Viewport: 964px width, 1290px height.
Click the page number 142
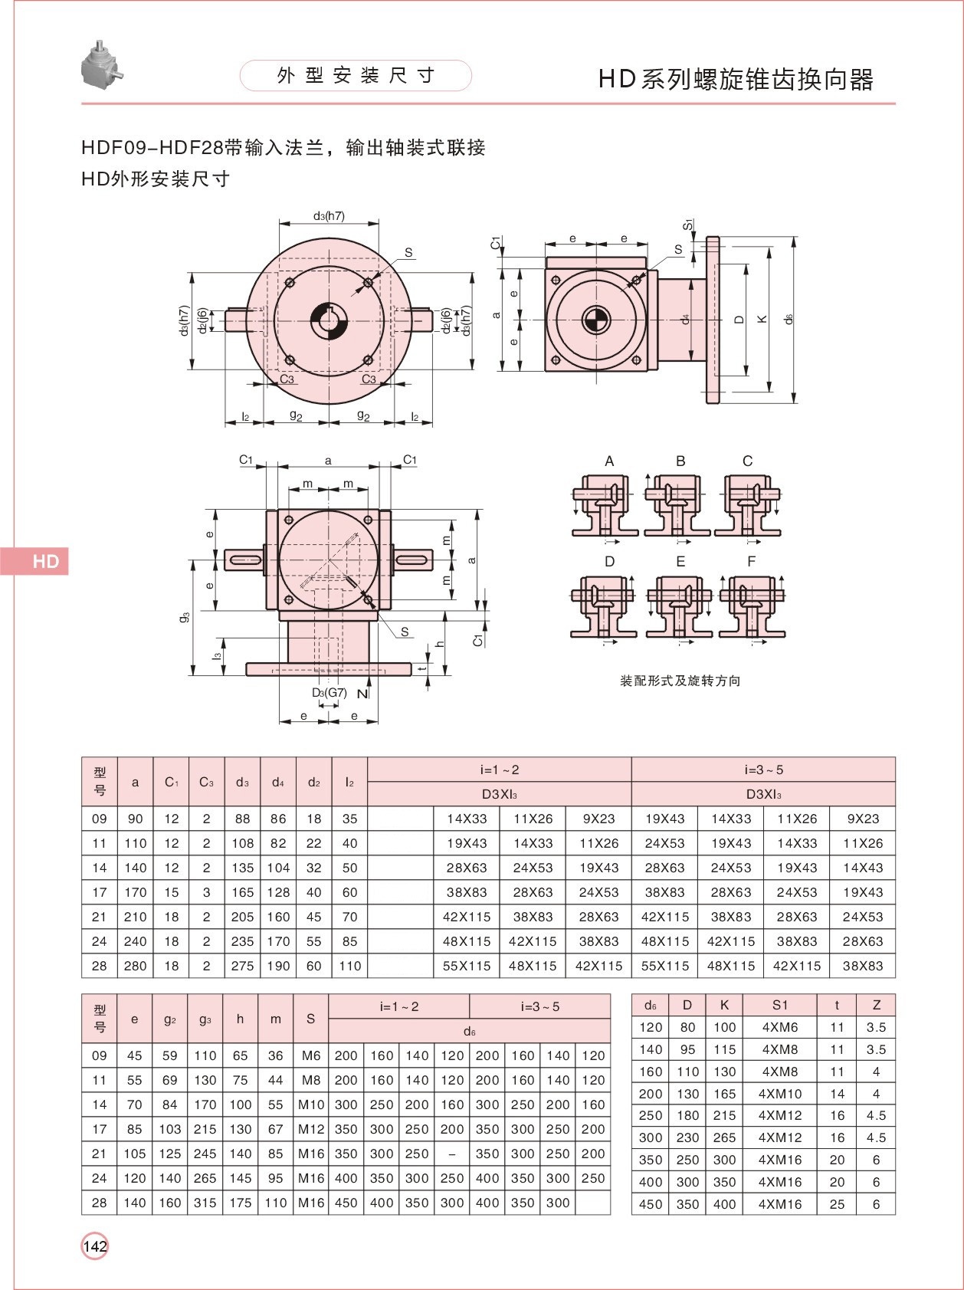click(95, 1246)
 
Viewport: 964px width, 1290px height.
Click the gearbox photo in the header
click(101, 63)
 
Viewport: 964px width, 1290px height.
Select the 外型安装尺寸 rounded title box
click(356, 75)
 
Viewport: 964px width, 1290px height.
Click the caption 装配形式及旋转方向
click(680, 681)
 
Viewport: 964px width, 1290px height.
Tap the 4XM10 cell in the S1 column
click(779, 1094)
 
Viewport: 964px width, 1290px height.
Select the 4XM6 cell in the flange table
click(779, 1027)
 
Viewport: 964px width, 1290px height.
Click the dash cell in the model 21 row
click(452, 1154)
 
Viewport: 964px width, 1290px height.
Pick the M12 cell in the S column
click(310, 1129)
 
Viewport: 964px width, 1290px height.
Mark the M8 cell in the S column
click(310, 1080)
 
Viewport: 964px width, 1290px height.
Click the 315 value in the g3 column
click(205, 1203)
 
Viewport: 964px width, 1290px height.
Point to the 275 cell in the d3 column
click(242, 966)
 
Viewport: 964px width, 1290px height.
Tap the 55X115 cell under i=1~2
click(467, 966)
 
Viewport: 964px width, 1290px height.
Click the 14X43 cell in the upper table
click(863, 868)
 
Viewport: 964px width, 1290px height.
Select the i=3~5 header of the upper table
click(763, 770)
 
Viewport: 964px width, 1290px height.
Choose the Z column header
click(876, 1005)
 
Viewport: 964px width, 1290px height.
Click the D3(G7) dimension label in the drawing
click(330, 693)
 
